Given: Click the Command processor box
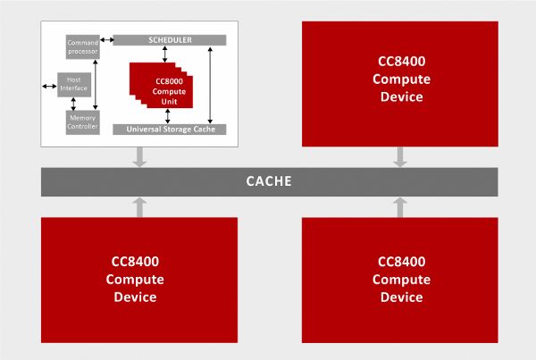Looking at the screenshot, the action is coord(83,46).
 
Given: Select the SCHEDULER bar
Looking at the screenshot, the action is coord(170,40).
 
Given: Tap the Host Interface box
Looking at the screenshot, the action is coord(74,85).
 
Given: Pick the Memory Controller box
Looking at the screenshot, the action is coord(83,122).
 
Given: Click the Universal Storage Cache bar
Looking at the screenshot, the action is coord(170,130).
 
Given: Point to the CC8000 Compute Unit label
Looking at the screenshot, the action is coord(169,91).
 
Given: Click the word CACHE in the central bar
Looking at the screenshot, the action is coord(269,181).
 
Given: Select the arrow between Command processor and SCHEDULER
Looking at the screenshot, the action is coord(107,40).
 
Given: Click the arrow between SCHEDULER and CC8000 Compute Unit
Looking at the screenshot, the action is coord(164,54).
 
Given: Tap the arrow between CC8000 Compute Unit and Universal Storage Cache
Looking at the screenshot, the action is coord(168,116).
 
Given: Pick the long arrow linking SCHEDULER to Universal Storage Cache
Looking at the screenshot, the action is coord(210,85).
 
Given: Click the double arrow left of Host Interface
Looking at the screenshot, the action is coord(49,86).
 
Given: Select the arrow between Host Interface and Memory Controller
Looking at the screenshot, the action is coord(73,104).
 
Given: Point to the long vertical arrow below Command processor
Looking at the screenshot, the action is coord(96,85).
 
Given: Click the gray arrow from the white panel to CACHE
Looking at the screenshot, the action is coord(139,157).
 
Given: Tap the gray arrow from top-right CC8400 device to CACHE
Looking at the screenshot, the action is coord(400,157).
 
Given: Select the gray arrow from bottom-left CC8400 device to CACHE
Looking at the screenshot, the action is coord(139,207).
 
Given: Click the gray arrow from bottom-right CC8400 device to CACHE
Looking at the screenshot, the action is coord(400,207).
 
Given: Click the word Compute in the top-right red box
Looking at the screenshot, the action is coord(402,80).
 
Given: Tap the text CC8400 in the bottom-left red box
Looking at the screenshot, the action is coord(135,262).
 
